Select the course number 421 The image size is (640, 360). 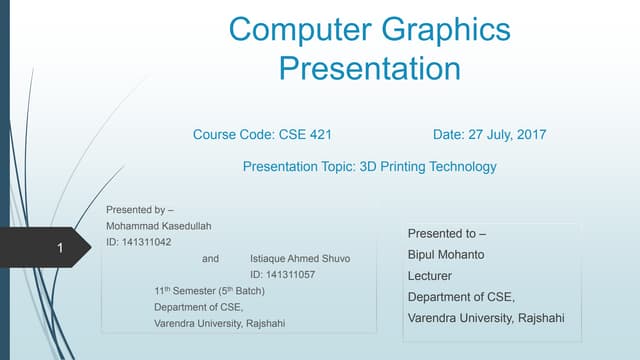point(318,134)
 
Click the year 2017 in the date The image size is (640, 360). point(529,134)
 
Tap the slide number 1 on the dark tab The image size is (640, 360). point(60,247)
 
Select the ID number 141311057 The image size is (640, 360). point(282,274)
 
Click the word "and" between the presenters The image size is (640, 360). point(210,258)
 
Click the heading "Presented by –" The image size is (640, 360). point(140,210)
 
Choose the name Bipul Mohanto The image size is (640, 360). point(446,254)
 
